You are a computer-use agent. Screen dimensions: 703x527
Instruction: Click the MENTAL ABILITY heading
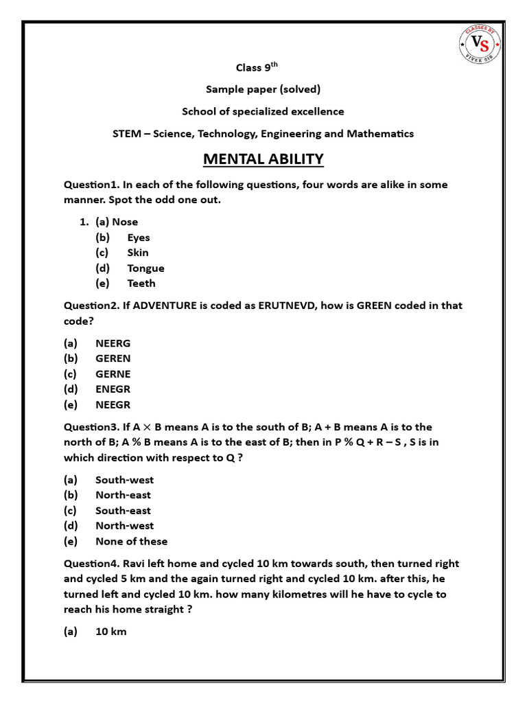pyautogui.click(x=263, y=159)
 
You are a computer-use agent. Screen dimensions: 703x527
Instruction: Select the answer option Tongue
pyautogui.click(x=145, y=268)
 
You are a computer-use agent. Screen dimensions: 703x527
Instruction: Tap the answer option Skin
pyautogui.click(x=137, y=252)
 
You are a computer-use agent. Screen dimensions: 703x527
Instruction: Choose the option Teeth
pyautogui.click(x=141, y=283)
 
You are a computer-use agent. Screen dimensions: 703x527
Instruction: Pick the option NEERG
pyautogui.click(x=113, y=343)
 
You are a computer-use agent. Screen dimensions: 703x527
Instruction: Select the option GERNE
pyautogui.click(x=113, y=373)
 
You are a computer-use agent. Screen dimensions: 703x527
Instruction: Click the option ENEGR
pyautogui.click(x=113, y=389)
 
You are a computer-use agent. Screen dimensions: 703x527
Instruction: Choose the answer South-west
pyautogui.click(x=124, y=479)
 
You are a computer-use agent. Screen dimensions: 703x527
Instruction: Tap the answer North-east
pyautogui.click(x=123, y=494)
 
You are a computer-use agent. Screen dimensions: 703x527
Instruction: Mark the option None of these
pyautogui.click(x=131, y=541)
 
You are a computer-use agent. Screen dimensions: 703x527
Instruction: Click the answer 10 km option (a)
pyautogui.click(x=110, y=631)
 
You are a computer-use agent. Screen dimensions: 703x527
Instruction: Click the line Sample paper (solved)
pyautogui.click(x=263, y=89)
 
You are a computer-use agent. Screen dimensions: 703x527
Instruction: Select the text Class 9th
pyautogui.click(x=257, y=67)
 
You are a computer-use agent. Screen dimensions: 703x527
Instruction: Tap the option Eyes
pyautogui.click(x=138, y=237)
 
